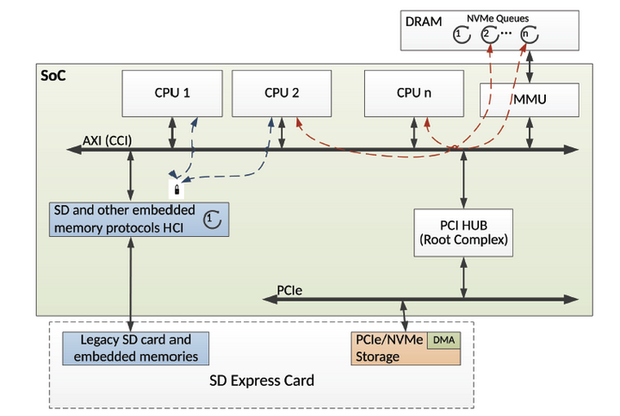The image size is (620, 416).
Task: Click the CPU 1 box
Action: pos(173,93)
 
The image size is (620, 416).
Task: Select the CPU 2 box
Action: pos(282,93)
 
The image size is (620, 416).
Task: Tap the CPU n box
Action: pos(414,93)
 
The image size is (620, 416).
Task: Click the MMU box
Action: pos(526,102)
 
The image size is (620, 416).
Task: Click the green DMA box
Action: pos(444,340)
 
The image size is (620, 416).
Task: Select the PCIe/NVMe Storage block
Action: pos(388,349)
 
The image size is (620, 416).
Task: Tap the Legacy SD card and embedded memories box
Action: pos(136,349)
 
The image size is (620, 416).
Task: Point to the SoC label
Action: pos(53,76)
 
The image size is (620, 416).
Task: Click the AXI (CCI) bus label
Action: pos(108,140)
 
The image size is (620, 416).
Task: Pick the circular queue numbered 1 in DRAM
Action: pos(461,35)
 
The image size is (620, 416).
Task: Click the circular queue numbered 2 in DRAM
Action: pos(488,35)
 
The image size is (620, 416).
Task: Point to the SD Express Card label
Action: pos(262,380)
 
